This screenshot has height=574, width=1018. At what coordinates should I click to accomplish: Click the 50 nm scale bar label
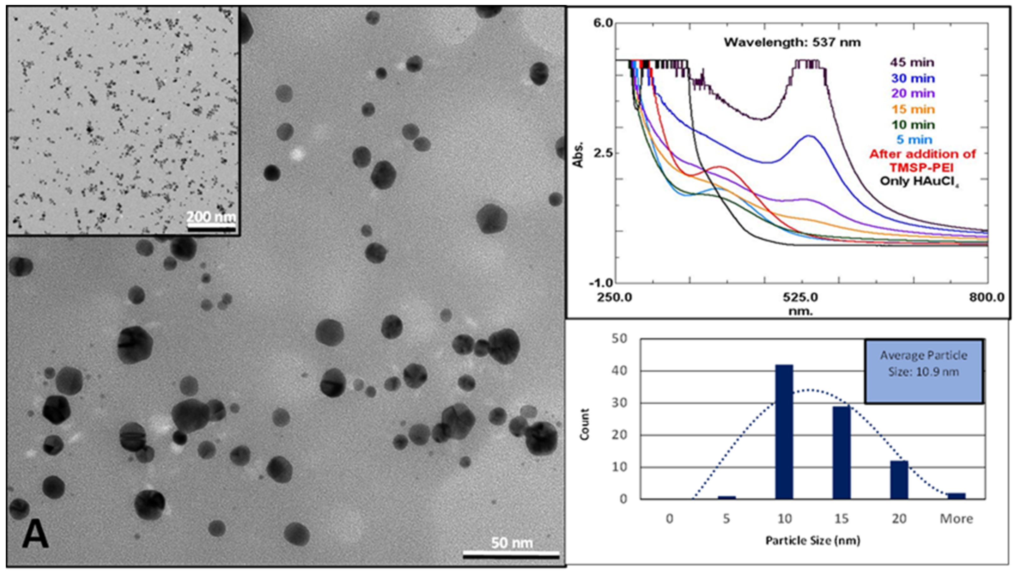click(512, 543)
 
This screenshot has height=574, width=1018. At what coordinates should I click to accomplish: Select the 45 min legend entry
click(912, 62)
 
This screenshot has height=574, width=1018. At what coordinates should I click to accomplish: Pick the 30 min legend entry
click(913, 78)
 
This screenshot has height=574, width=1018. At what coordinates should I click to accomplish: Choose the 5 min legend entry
click(914, 139)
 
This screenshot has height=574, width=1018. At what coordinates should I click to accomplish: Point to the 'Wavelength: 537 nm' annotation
click(792, 42)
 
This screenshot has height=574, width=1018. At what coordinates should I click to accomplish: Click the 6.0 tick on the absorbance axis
click(603, 23)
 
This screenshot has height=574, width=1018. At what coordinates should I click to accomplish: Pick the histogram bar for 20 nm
click(899, 480)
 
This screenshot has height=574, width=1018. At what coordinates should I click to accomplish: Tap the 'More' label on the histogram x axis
click(956, 518)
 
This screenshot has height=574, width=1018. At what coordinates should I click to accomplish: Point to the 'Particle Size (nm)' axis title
click(812, 540)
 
